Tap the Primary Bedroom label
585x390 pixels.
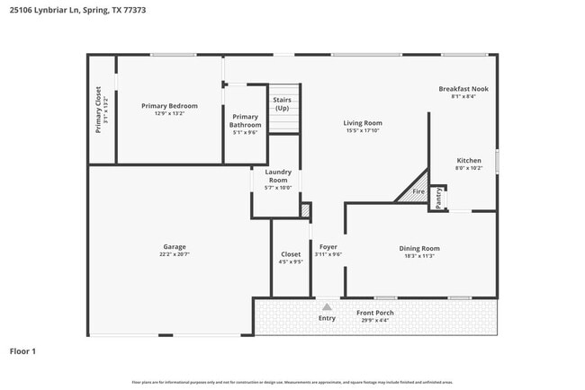169,106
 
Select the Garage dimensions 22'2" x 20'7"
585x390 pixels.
174,254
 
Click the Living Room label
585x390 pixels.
363,123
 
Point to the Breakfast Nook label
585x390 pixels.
463,89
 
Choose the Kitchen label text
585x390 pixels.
468,160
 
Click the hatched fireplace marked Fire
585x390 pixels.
415,188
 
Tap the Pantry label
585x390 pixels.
438,197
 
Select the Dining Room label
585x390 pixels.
418,248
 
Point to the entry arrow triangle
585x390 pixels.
327,306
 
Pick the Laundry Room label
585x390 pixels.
278,176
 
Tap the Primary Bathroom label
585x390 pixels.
245,120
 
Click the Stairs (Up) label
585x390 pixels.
282,103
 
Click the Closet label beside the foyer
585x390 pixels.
291,254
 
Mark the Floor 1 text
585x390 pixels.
22,351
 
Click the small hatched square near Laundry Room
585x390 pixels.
305,210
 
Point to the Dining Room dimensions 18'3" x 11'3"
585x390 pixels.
418,256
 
